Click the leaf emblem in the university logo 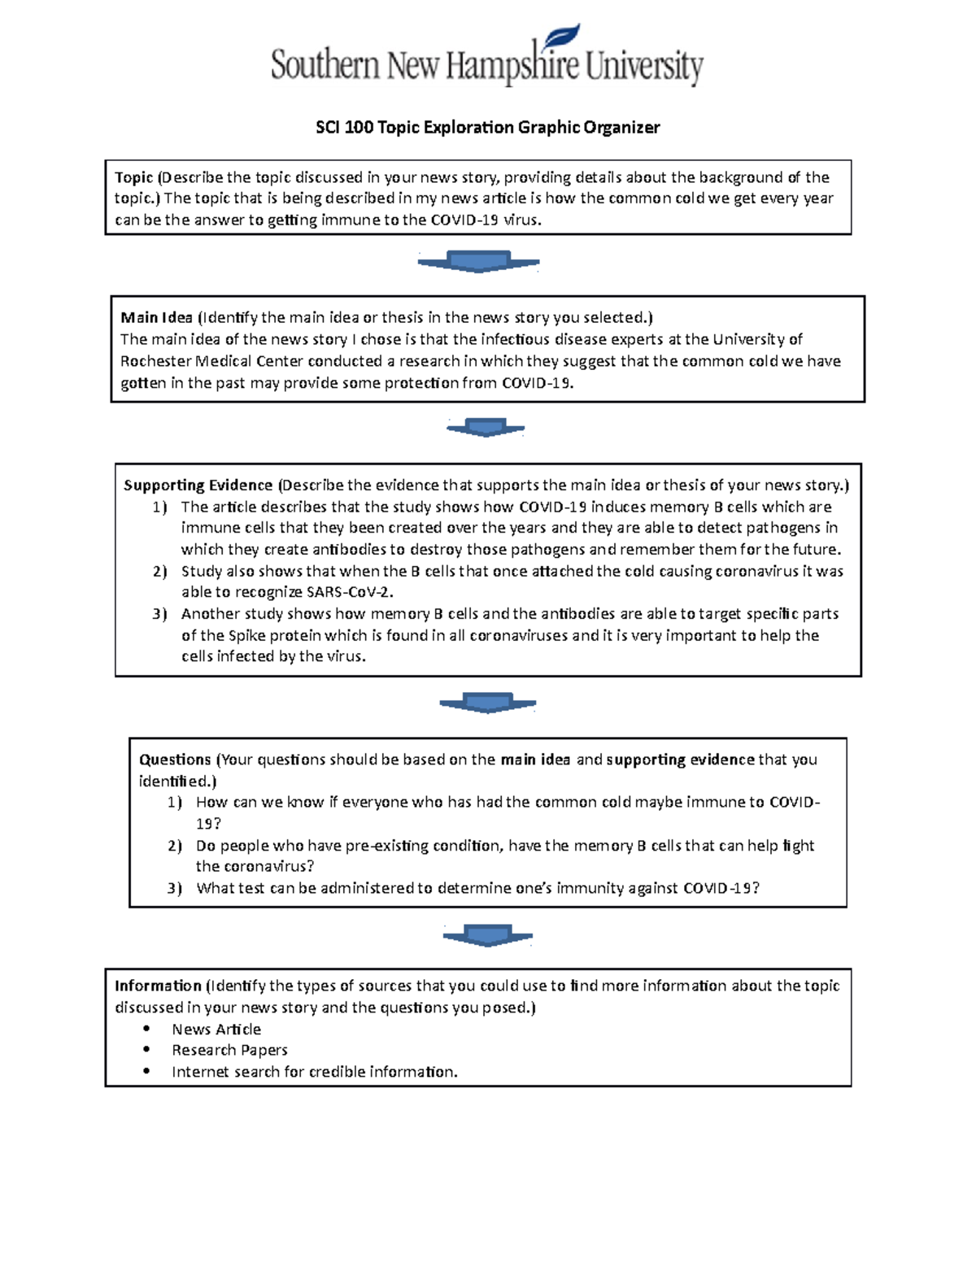pyautogui.click(x=563, y=37)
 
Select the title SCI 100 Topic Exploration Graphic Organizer pyautogui.click(x=487, y=128)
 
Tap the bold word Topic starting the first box pyautogui.click(x=133, y=177)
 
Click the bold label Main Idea pyautogui.click(x=156, y=318)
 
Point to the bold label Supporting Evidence pyautogui.click(x=198, y=486)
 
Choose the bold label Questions pyautogui.click(x=175, y=760)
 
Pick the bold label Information pyautogui.click(x=158, y=986)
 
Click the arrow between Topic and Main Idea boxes pyautogui.click(x=479, y=262)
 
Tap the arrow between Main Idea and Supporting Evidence pyautogui.click(x=486, y=427)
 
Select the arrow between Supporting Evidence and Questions pyautogui.click(x=488, y=703)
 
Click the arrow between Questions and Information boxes pyautogui.click(x=488, y=935)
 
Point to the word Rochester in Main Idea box pyautogui.click(x=155, y=361)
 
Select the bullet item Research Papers pyautogui.click(x=229, y=1050)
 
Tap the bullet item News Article pyautogui.click(x=216, y=1029)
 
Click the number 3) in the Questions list pyautogui.click(x=175, y=888)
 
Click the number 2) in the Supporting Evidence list pyautogui.click(x=159, y=571)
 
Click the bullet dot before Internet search pyautogui.click(x=146, y=1071)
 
